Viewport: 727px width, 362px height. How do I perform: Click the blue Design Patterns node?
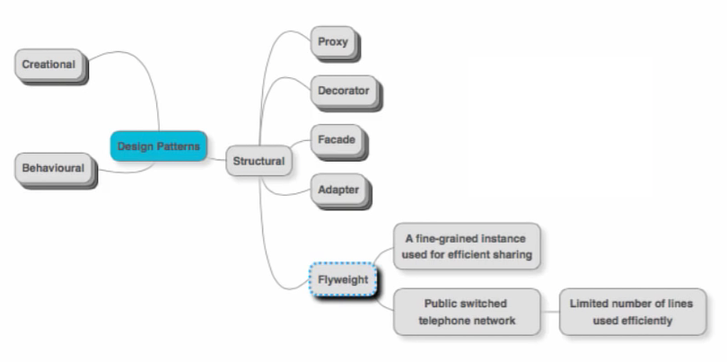click(159, 146)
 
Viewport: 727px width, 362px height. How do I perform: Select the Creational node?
click(49, 65)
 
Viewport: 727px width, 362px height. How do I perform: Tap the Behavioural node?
click(53, 168)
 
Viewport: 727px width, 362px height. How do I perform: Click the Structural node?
click(258, 161)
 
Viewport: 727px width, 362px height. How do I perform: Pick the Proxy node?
click(333, 41)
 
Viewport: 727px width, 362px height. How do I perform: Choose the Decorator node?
click(344, 91)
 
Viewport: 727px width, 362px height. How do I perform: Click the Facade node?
click(337, 140)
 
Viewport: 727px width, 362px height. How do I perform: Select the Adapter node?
click(338, 190)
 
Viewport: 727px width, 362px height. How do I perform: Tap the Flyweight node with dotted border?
click(343, 279)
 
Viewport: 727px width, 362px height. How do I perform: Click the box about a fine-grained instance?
click(468, 246)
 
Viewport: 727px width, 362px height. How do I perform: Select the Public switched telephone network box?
click(467, 312)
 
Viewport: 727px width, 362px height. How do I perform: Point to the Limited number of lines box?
click(631, 312)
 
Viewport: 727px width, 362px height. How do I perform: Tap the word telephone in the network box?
click(445, 321)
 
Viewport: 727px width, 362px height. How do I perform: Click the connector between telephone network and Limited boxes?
click(551, 312)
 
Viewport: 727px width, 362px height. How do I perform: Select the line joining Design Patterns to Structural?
click(216, 156)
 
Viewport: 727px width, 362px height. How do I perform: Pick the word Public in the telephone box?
click(442, 304)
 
